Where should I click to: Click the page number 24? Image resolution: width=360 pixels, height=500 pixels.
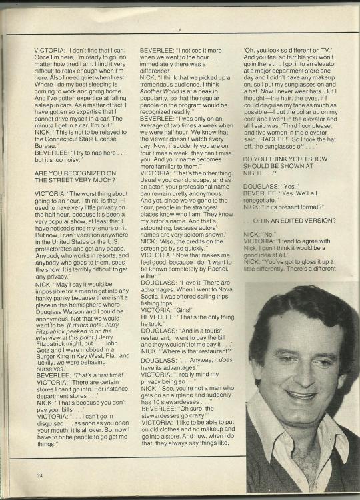[x=41, y=475]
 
